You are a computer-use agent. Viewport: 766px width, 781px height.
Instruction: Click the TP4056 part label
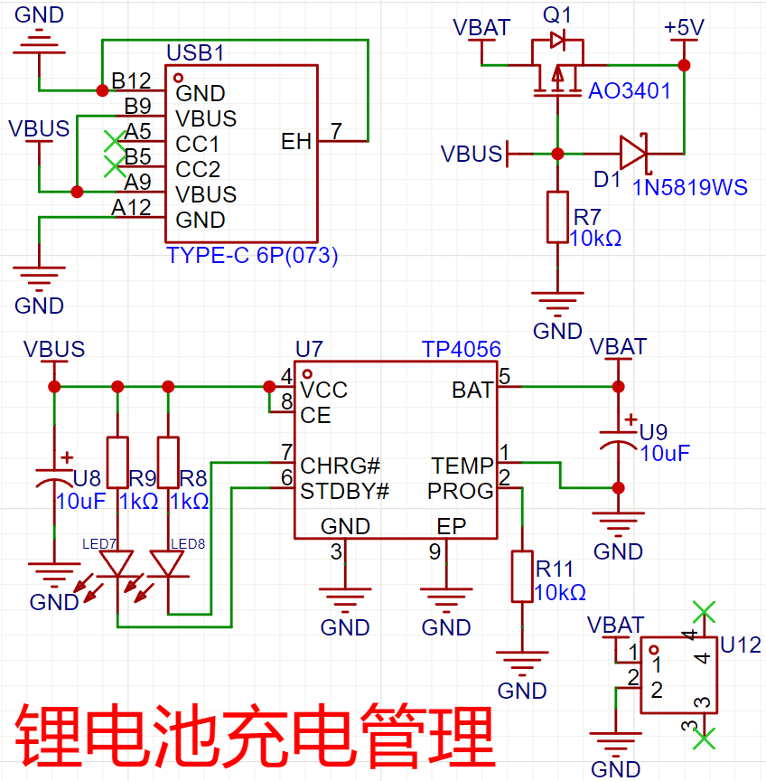(461, 350)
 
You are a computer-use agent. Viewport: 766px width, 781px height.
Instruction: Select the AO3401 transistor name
(630, 91)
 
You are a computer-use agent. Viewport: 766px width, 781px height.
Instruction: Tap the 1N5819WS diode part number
(690, 187)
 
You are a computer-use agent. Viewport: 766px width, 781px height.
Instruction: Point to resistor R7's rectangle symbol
(557, 217)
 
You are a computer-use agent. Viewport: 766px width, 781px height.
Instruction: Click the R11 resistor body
(522, 576)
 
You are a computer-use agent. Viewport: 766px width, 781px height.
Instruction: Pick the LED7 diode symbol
(117, 565)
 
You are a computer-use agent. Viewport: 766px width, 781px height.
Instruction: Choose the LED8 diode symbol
(168, 565)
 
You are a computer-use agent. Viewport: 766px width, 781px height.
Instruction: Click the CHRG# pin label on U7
(340, 466)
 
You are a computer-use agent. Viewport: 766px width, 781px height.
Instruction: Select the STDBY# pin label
(344, 491)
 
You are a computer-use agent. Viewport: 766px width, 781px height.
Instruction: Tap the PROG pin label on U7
(461, 491)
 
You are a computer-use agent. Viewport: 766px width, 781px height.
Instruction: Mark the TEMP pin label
(462, 466)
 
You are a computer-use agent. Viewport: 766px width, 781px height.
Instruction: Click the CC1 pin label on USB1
(198, 144)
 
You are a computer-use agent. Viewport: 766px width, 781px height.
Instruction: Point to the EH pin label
(296, 142)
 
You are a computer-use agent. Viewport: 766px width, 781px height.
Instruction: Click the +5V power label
(683, 28)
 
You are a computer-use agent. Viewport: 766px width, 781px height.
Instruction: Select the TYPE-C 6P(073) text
(252, 256)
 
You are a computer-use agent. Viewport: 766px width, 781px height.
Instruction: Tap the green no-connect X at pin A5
(113, 141)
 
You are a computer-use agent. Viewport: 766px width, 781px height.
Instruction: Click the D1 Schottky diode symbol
(633, 153)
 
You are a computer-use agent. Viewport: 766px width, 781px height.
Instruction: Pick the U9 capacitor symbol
(619, 443)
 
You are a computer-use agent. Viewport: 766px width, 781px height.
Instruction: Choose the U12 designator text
(741, 645)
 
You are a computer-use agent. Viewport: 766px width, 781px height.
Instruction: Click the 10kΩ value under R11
(560, 592)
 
